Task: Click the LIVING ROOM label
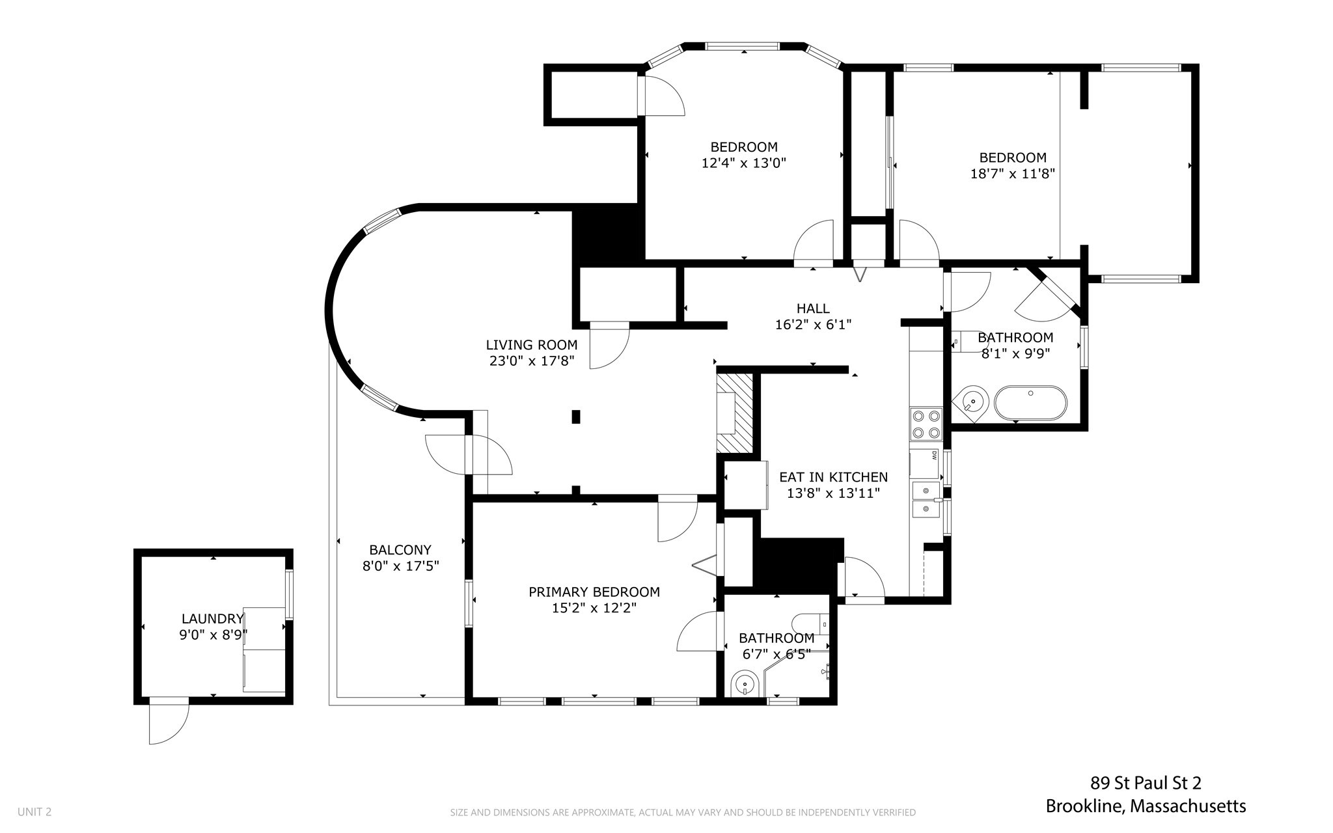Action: [531, 345]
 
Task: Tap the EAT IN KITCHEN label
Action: [833, 477]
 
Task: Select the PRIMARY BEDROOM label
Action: [594, 592]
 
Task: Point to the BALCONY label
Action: [400, 550]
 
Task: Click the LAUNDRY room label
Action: [212, 618]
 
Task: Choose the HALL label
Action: [813, 308]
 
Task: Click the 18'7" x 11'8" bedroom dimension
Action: [1012, 174]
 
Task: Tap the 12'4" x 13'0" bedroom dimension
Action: [743, 163]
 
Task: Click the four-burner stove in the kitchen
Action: [926, 424]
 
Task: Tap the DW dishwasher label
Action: [933, 456]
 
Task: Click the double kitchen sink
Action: [926, 500]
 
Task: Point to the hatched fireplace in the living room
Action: [734, 413]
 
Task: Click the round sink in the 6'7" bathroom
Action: [745, 685]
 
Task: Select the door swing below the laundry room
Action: [169, 723]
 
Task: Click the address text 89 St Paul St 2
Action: [1146, 783]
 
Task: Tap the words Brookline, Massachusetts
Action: [1146, 806]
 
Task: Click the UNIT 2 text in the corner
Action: [34, 812]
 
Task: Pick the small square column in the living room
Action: [576, 416]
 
